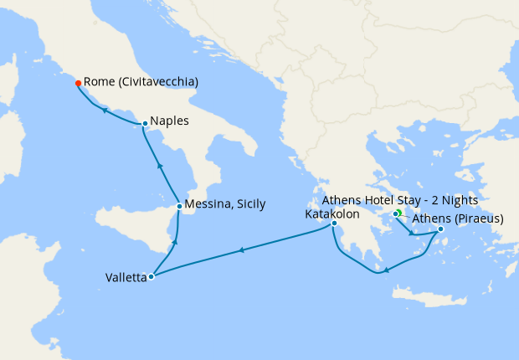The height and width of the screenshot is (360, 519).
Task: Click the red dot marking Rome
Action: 78,84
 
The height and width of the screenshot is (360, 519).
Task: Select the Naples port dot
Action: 146,124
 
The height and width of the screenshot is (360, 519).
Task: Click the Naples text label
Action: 171,121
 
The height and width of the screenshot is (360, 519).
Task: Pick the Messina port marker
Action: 179,206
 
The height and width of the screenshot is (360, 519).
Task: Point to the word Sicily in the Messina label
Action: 249,205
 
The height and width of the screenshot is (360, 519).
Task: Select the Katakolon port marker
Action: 334,224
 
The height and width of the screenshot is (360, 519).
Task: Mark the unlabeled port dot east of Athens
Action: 440,229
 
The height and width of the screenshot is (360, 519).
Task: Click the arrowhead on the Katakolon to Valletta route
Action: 241,249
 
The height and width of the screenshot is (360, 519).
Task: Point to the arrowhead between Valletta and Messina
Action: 174,242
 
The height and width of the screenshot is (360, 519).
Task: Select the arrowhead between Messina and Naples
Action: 158,166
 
